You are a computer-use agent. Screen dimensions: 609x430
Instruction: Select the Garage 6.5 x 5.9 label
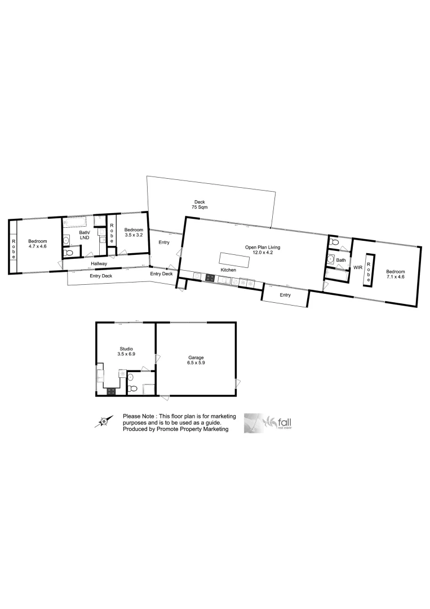pos(196,360)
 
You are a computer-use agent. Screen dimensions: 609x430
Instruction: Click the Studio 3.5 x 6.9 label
pos(125,351)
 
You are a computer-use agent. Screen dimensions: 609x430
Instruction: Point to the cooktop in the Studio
pos(111,391)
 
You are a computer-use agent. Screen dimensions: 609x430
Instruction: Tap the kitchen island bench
pos(234,261)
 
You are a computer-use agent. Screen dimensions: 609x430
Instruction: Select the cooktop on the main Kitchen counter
pos(210,277)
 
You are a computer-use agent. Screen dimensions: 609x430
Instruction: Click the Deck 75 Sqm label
pos(200,204)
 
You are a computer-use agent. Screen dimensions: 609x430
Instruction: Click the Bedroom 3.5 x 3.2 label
pos(134,232)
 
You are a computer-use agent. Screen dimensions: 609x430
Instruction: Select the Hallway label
pos(99,264)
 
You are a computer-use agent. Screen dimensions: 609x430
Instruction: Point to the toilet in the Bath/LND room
pos(68,253)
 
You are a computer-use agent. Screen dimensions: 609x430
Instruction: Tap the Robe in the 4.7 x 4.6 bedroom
pos(13,249)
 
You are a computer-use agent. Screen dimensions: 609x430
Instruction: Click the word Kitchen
pos(228,271)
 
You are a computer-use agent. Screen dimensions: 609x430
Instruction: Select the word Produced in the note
pos(135,429)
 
